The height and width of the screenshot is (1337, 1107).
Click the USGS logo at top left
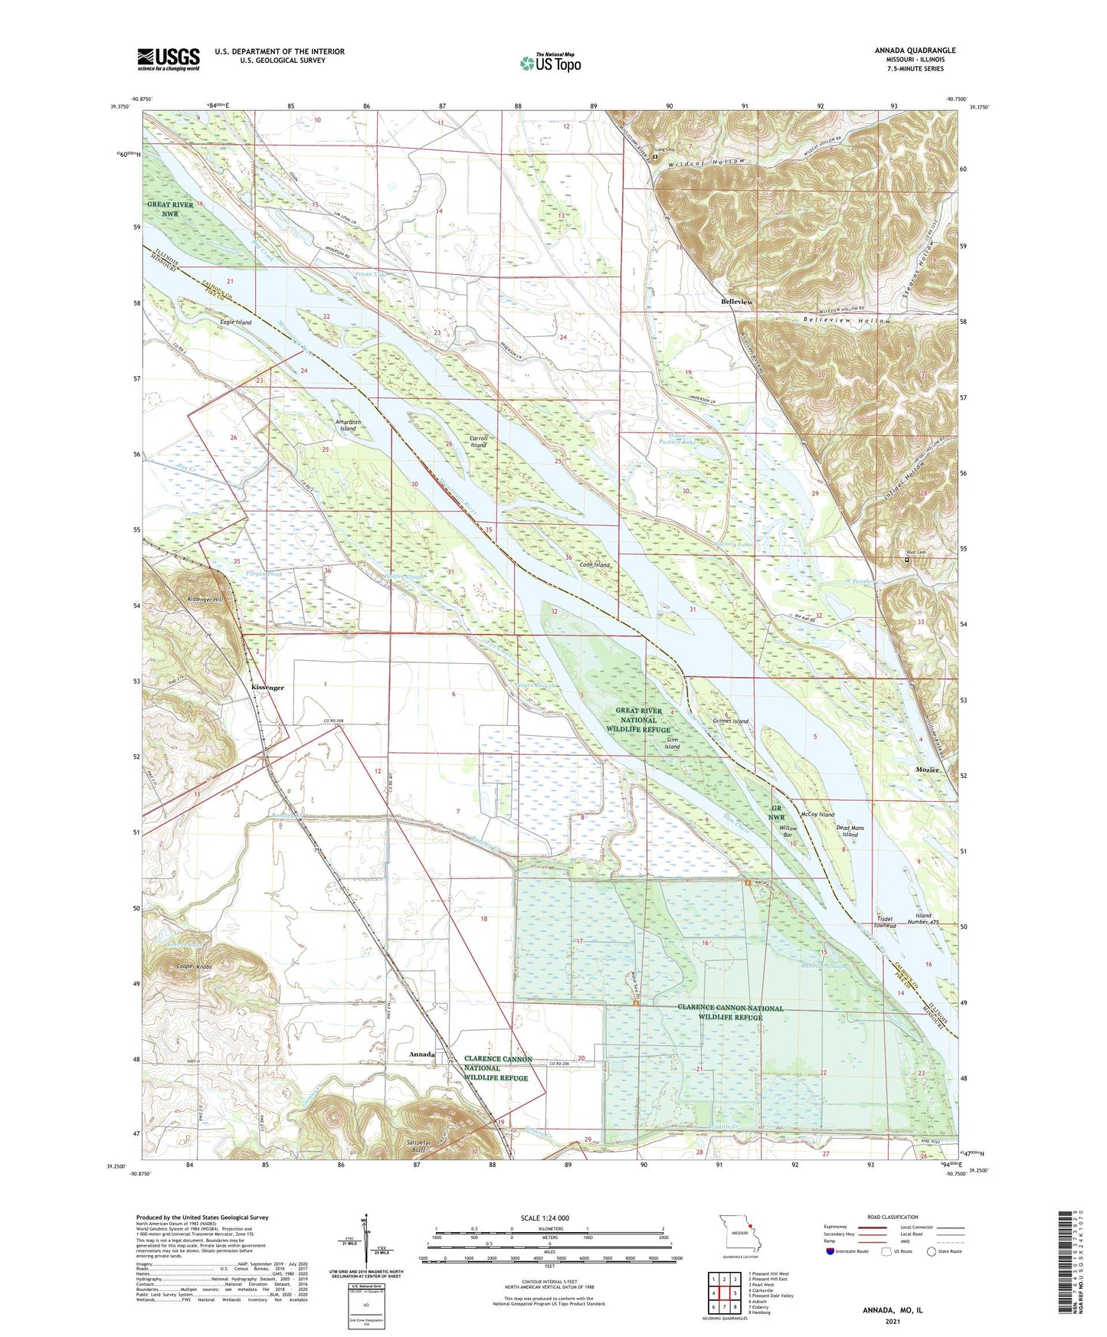(169, 59)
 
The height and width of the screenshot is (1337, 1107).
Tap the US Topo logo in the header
(550, 63)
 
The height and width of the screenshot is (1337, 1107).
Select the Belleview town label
(736, 302)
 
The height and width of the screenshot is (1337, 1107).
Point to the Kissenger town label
(267, 688)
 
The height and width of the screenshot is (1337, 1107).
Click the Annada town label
(421, 1054)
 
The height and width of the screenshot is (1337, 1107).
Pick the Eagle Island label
(235, 322)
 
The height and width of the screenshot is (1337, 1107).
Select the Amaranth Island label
(348, 425)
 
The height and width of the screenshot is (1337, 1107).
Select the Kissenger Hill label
(205, 600)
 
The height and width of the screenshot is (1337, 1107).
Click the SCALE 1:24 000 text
(545, 1218)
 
